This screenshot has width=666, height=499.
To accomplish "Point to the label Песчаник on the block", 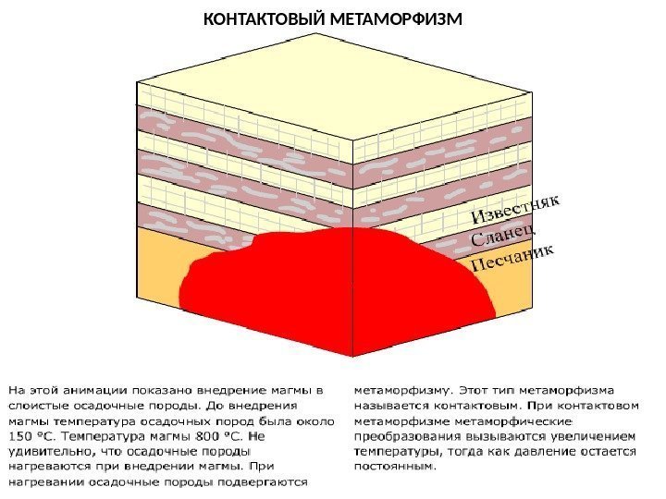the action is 514,256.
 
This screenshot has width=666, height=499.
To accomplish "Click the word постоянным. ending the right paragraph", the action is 394,467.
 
